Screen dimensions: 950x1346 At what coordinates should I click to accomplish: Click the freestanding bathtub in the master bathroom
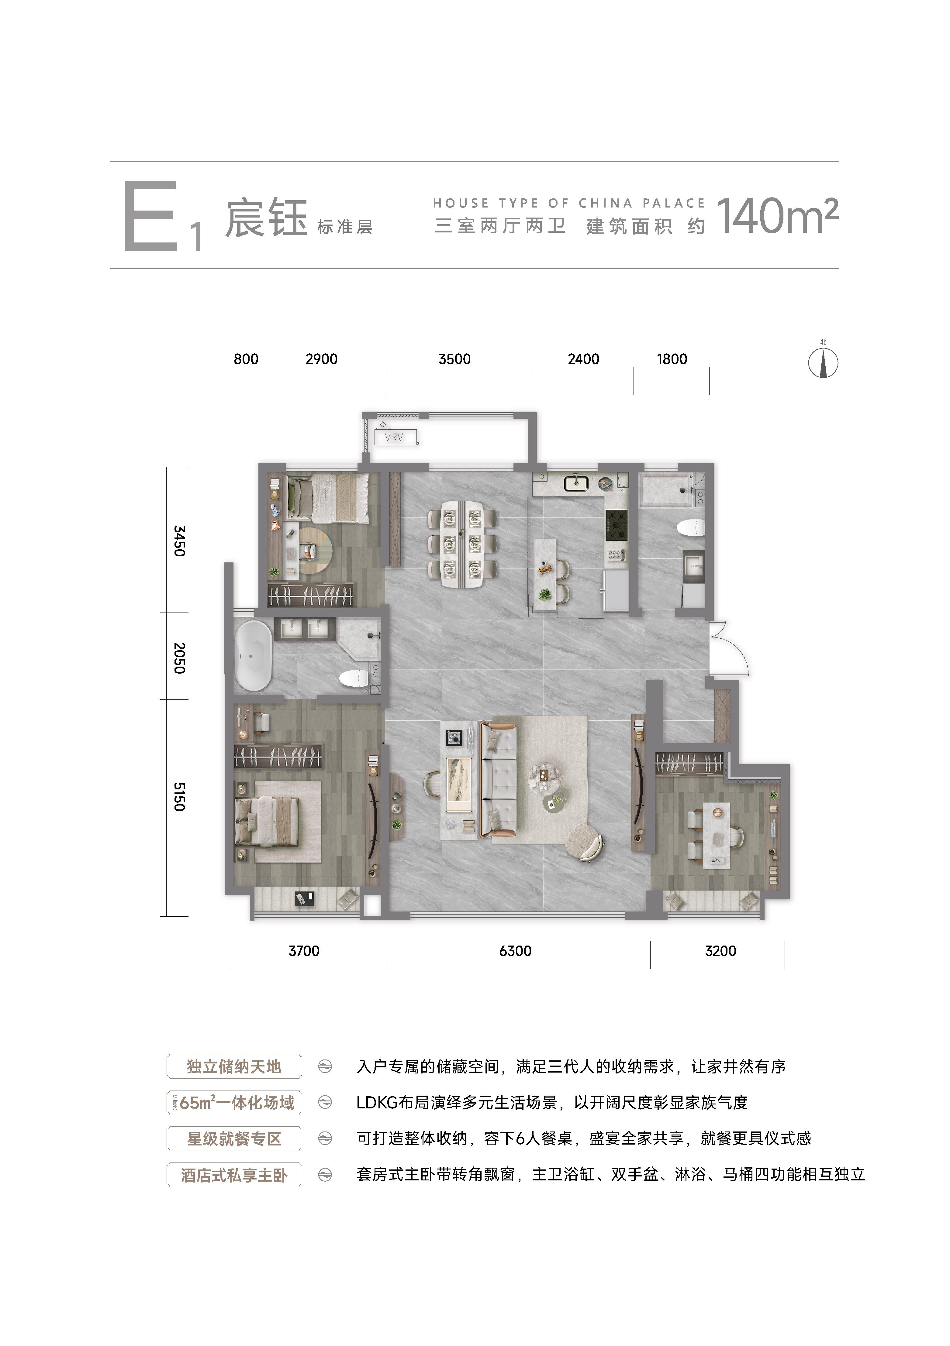[x=253, y=655]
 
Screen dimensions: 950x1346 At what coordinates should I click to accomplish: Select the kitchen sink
[x=576, y=484]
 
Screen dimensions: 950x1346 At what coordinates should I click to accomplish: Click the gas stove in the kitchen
[x=616, y=524]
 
